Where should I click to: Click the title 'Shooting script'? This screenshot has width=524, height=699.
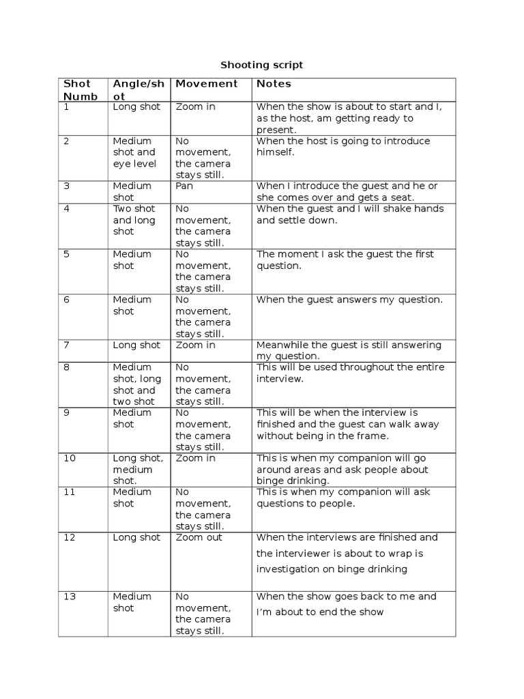(x=261, y=65)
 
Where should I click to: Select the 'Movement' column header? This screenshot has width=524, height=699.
(x=207, y=83)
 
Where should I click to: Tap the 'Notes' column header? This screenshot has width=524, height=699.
(x=274, y=83)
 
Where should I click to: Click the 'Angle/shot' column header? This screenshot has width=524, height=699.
(x=139, y=89)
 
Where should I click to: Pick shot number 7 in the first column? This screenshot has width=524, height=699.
(x=66, y=345)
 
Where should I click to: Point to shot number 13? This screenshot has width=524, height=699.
(x=69, y=596)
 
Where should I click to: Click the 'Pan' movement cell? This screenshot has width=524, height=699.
(x=185, y=186)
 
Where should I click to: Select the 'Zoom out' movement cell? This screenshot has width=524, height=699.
(x=199, y=537)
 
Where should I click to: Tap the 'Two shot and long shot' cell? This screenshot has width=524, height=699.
(x=134, y=220)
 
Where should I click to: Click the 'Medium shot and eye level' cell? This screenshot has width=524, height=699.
(x=134, y=152)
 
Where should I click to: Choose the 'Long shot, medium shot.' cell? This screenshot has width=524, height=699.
(x=138, y=469)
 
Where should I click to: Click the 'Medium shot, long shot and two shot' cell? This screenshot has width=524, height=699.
(x=137, y=384)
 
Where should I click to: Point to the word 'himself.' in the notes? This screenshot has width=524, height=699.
(x=276, y=152)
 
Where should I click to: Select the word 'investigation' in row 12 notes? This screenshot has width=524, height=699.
(x=287, y=569)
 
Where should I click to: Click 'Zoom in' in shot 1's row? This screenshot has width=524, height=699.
(x=196, y=106)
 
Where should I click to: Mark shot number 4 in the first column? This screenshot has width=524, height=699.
(x=66, y=208)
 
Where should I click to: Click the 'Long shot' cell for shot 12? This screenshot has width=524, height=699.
(x=136, y=537)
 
